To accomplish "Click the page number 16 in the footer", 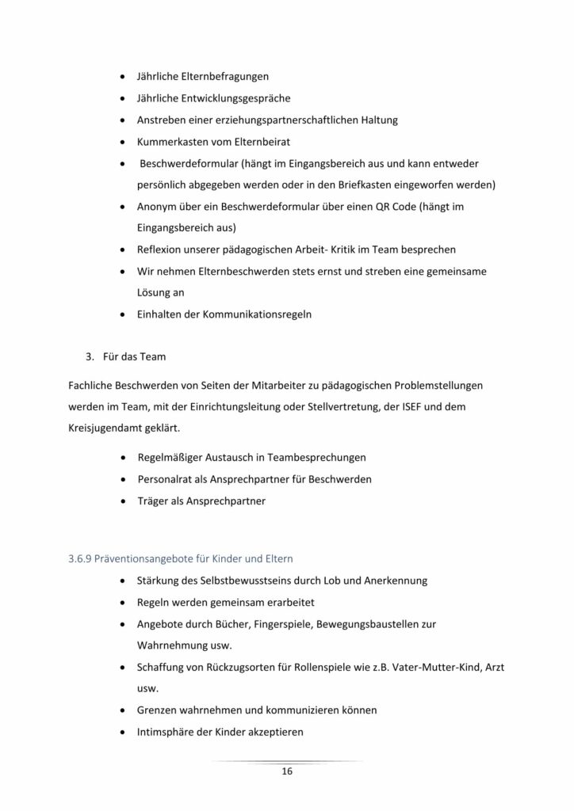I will click(287, 771).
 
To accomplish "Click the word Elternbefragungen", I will click(224, 78).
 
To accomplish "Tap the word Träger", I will click(155, 501).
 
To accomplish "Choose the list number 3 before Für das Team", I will click(90, 356).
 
